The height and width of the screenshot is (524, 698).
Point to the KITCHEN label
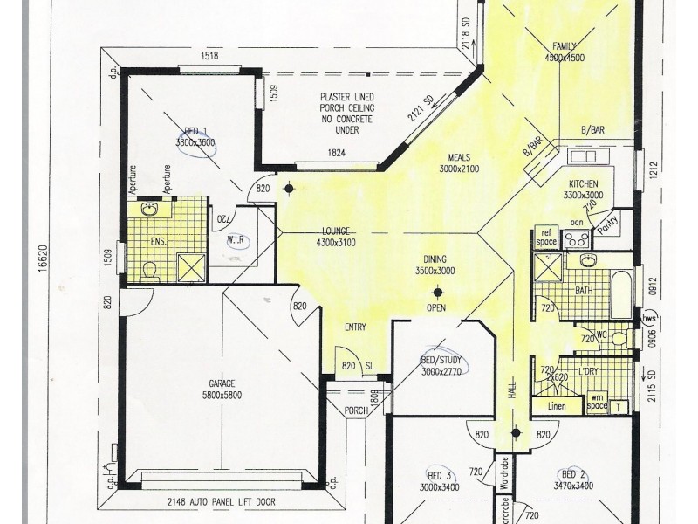coord(582,186)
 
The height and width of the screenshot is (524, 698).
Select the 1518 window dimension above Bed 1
coord(209,56)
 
